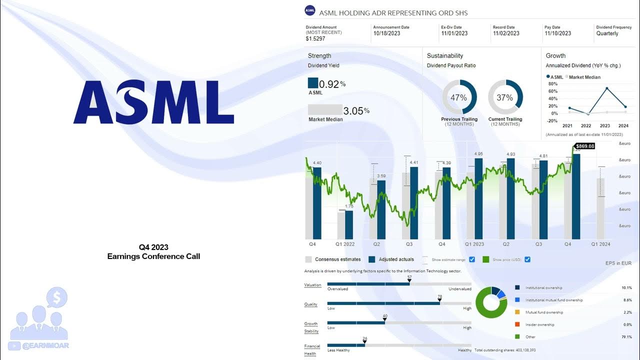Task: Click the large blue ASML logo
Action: tap(153, 102)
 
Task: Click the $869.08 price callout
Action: tap(585, 146)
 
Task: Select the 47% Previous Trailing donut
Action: tap(459, 97)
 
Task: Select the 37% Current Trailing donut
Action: tap(505, 97)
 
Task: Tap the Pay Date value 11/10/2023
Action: tap(557, 33)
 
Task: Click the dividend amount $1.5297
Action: tap(315, 38)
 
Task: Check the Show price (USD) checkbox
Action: tap(527, 259)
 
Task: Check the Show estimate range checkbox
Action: tap(471, 259)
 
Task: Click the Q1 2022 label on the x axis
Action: tap(345, 244)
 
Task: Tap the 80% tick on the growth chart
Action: tap(552, 84)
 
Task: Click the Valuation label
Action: tap(312, 285)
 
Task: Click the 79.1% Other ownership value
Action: tap(626, 337)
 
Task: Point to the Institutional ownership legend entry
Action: tap(543, 288)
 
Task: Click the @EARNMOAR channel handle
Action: tap(45, 345)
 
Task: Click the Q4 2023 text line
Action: tap(153, 247)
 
